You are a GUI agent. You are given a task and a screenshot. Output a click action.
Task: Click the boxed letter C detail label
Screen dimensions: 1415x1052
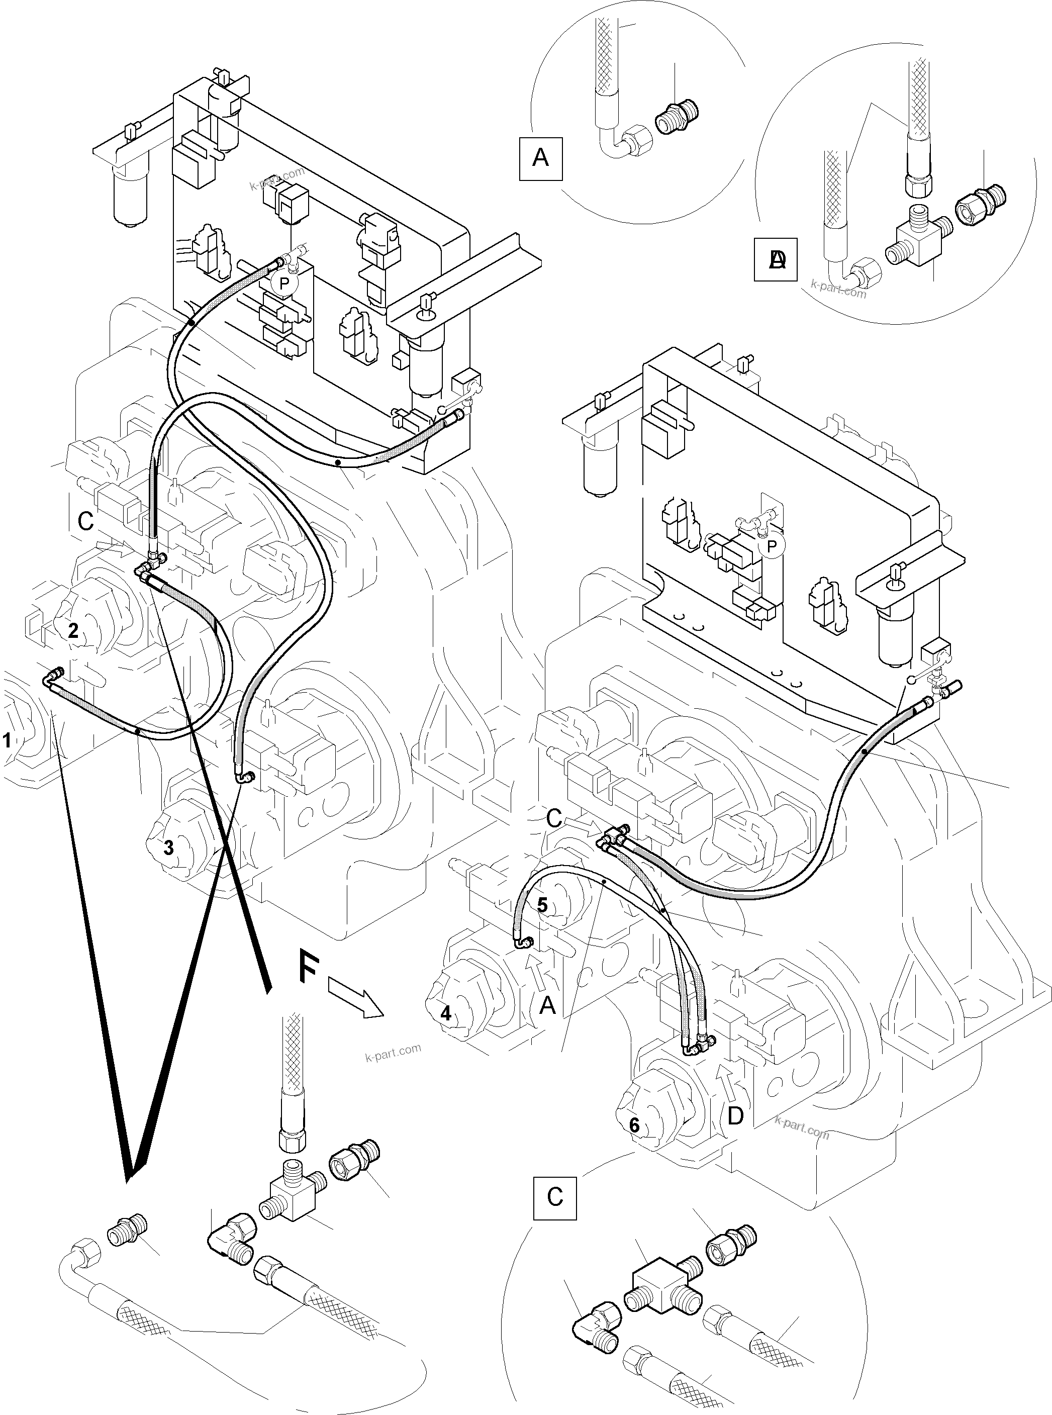point(555,1197)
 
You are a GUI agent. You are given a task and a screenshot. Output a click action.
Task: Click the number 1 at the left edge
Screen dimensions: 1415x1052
point(7,740)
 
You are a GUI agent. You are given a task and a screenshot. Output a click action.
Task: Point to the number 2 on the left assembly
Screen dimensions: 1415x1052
point(73,631)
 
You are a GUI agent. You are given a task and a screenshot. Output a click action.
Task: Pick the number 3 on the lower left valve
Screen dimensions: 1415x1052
point(168,847)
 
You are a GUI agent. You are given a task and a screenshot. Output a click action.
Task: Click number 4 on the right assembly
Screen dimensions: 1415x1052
point(446,1013)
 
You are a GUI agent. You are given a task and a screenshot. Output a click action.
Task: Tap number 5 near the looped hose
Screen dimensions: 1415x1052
point(542,905)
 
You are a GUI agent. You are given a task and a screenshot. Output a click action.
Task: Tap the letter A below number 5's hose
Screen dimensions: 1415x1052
point(547,1005)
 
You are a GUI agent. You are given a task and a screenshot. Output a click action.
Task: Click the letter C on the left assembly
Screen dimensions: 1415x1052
point(85,521)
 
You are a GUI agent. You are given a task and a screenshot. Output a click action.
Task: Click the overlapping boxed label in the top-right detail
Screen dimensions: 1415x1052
point(775,259)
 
